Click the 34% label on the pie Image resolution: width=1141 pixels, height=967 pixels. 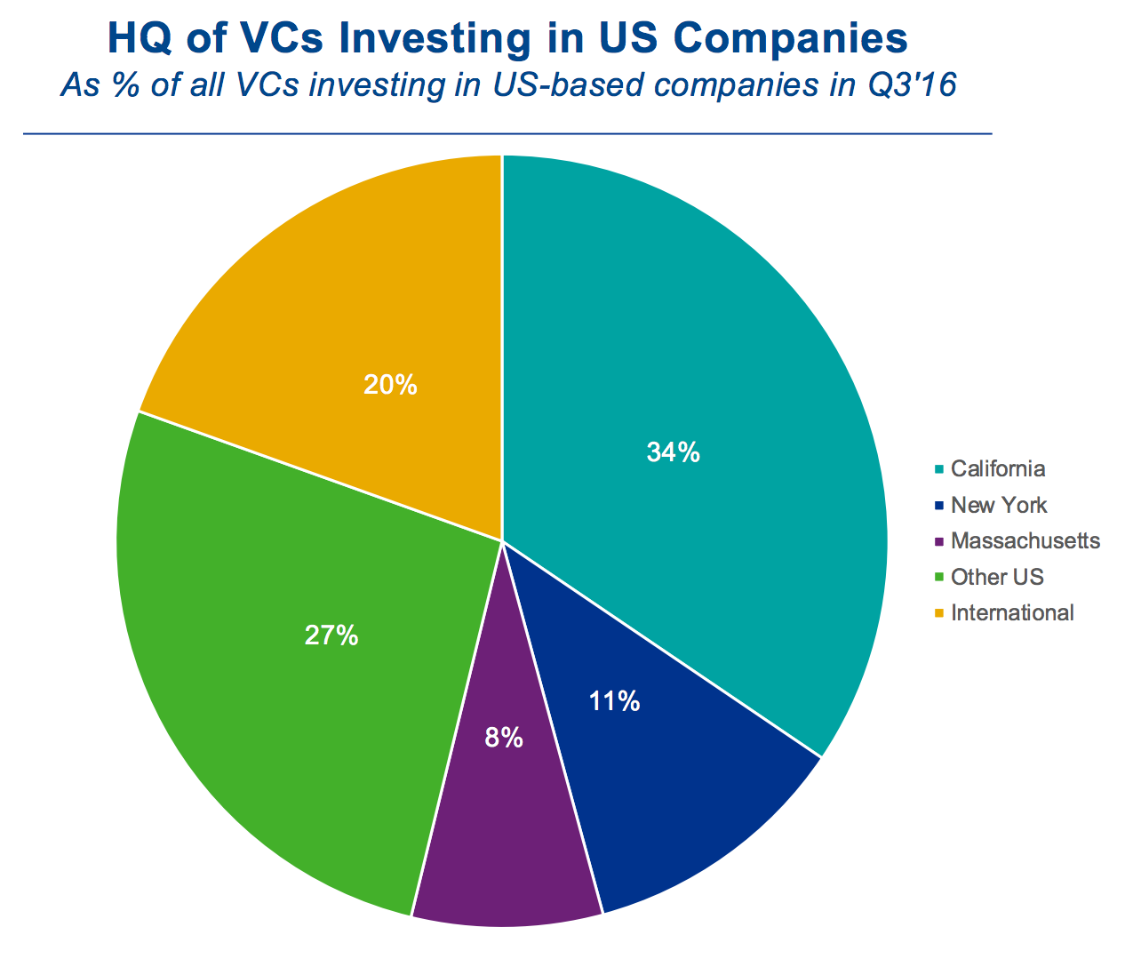point(674,453)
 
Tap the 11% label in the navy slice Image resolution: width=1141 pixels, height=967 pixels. point(614,702)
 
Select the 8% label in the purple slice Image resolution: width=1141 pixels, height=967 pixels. point(504,738)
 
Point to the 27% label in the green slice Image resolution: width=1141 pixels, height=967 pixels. point(331,635)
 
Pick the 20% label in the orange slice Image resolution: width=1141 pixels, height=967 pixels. point(390,385)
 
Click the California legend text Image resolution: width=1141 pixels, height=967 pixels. point(998,469)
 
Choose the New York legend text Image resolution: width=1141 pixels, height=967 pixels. point(999,506)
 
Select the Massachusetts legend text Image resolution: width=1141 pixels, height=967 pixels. point(1025,541)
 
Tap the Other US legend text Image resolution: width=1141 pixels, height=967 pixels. point(997,578)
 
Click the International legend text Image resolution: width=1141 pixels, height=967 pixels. point(1012,613)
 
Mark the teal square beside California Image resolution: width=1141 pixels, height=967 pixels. point(939,469)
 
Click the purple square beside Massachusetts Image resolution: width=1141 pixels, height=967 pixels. point(939,541)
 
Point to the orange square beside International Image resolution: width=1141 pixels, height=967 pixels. point(939,613)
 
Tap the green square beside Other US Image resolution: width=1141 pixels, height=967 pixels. point(939,578)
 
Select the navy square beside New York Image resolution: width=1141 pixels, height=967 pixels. point(939,506)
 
